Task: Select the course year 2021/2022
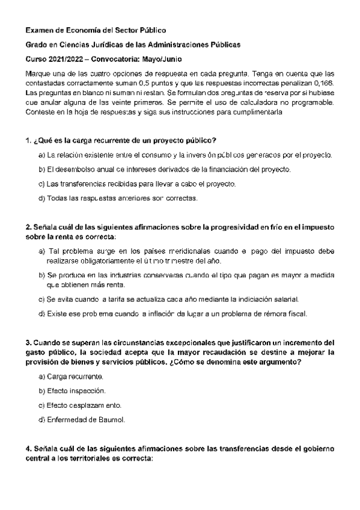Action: click(x=69, y=60)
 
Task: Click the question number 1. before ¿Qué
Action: click(x=28, y=141)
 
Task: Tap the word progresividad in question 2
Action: click(x=228, y=227)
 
